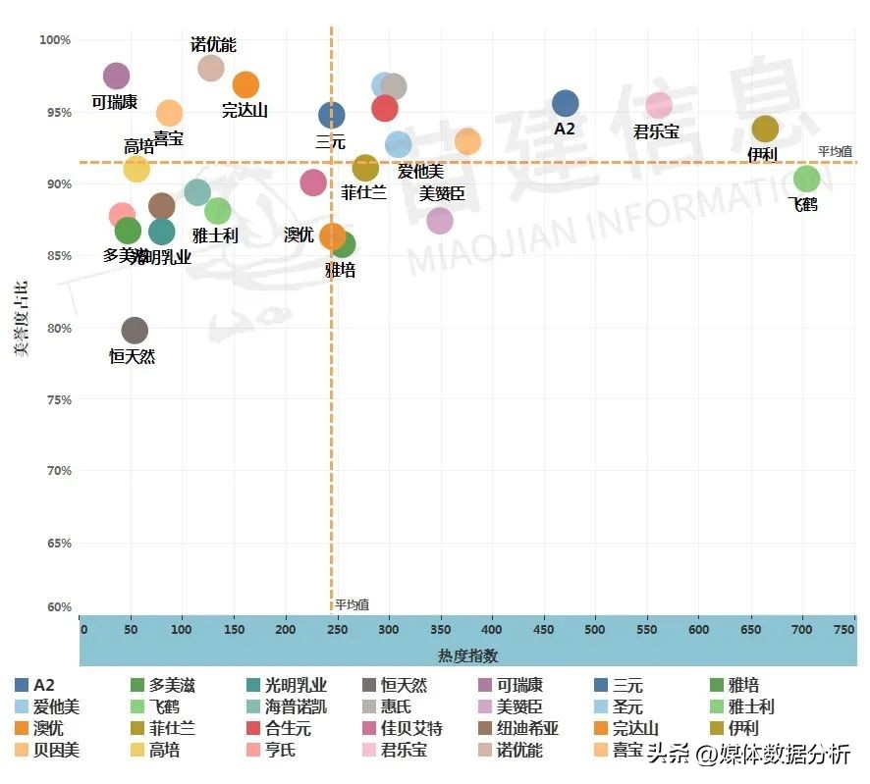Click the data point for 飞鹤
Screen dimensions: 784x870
coord(806,179)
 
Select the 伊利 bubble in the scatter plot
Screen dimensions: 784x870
coord(765,129)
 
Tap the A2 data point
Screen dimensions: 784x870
coord(565,103)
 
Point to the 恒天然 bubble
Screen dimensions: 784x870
coord(135,331)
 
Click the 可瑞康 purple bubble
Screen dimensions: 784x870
coord(116,77)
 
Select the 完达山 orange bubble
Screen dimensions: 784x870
coord(245,84)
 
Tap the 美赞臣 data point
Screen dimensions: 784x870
coord(440,221)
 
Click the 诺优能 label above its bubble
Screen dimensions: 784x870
coord(213,45)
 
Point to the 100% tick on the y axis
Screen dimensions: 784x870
coord(55,40)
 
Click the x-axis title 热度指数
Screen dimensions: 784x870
coord(468,654)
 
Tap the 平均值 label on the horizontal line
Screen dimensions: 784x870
coord(835,151)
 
